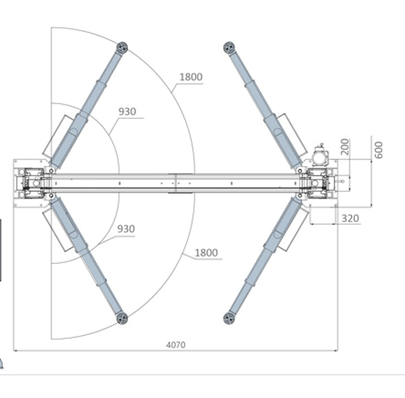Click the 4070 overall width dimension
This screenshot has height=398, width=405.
175,344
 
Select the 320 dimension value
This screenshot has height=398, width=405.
350,219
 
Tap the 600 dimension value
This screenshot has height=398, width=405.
379,149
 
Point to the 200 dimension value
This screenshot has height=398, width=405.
344,146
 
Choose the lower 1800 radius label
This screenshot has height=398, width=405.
206,253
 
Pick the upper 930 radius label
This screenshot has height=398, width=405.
126,111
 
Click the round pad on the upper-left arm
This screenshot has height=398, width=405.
122,47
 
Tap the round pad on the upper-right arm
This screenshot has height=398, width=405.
228,47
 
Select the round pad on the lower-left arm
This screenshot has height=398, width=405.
122,318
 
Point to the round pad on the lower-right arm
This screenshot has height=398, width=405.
228,318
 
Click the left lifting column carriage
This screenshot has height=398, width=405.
33,183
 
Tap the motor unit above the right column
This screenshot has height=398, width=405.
320,155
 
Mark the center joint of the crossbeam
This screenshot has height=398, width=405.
175,183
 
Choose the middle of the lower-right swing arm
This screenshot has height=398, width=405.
264,258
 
